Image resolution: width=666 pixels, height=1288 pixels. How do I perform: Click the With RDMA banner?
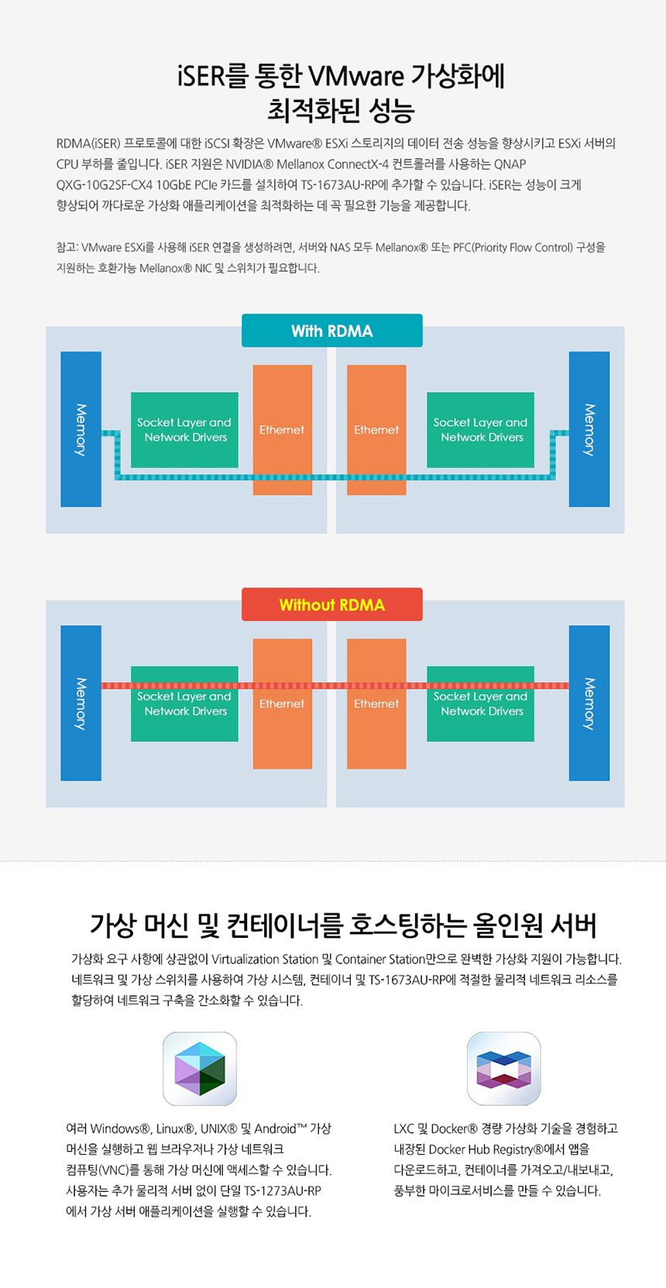pyautogui.click(x=331, y=331)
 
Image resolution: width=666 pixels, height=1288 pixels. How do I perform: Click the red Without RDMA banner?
pyautogui.click(x=331, y=605)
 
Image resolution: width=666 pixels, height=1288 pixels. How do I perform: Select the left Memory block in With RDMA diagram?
pyautogui.click(x=81, y=429)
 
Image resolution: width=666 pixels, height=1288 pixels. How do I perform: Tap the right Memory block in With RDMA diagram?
pyautogui.click(x=589, y=429)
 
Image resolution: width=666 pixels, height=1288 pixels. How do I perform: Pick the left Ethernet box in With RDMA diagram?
pyautogui.click(x=282, y=429)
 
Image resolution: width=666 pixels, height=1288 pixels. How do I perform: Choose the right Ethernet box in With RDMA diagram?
pyautogui.click(x=376, y=429)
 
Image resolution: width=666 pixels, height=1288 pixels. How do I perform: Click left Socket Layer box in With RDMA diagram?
pyautogui.click(x=184, y=430)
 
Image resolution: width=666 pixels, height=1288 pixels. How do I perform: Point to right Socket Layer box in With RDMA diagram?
pyautogui.click(x=480, y=430)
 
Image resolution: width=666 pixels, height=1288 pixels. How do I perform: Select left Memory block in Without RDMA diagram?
pyautogui.click(x=81, y=703)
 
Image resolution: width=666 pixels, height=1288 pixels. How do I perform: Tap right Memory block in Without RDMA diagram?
pyautogui.click(x=589, y=703)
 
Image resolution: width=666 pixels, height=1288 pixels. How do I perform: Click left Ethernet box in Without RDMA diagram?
pyautogui.click(x=282, y=703)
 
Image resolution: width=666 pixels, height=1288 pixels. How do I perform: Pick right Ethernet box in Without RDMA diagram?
pyautogui.click(x=376, y=703)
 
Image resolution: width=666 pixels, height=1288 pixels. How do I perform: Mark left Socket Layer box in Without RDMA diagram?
pyautogui.click(x=184, y=704)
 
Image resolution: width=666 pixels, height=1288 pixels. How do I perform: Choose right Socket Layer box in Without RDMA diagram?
pyautogui.click(x=480, y=704)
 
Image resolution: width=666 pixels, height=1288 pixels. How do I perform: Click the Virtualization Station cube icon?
pyautogui.click(x=200, y=1068)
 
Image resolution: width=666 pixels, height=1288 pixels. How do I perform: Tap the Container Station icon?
pyautogui.click(x=503, y=1068)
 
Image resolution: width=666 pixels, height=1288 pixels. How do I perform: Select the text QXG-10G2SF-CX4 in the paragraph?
pyautogui.click(x=105, y=185)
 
